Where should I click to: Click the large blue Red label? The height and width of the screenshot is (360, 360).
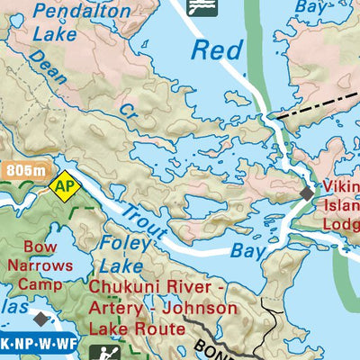point(217,50)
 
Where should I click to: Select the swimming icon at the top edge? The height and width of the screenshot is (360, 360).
point(201,7)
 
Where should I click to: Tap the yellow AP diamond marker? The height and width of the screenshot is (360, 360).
point(64,187)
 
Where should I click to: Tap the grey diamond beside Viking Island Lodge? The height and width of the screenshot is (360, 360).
point(308,193)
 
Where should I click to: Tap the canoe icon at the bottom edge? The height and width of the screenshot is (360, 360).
point(102,352)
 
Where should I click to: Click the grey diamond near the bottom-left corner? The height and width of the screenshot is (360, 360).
point(39,319)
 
